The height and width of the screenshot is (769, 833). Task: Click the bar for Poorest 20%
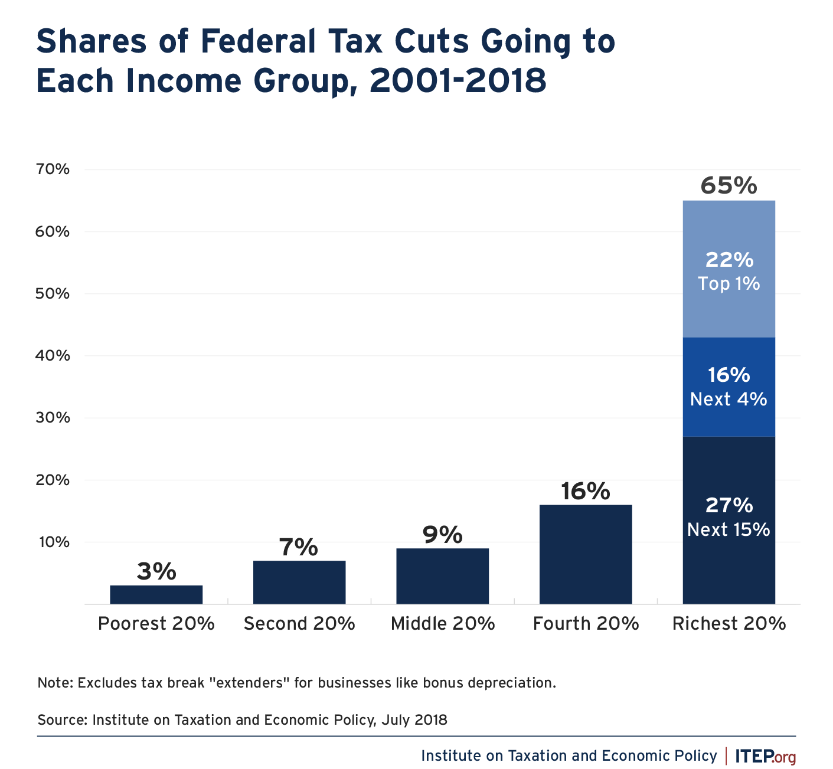point(156,594)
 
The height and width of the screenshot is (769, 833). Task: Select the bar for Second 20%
point(299,582)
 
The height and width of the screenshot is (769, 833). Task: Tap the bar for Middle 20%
point(442,576)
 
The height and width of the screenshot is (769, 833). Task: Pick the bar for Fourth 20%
point(585,554)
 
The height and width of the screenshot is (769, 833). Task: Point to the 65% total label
point(729,186)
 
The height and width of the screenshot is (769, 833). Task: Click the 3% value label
point(156,571)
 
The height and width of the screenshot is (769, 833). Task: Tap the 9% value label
point(442,535)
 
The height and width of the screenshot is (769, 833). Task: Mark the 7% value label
point(299,547)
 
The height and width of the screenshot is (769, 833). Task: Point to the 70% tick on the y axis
point(53,170)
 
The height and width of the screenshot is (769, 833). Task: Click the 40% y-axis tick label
point(53,356)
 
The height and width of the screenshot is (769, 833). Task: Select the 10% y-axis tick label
point(53,542)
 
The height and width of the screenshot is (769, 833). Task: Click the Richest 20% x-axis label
point(729,624)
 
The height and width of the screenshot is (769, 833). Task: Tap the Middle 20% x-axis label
point(442,624)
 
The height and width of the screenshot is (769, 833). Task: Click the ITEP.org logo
point(765,756)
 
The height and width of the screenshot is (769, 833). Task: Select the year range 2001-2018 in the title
point(458,81)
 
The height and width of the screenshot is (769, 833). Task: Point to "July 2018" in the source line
point(414,720)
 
